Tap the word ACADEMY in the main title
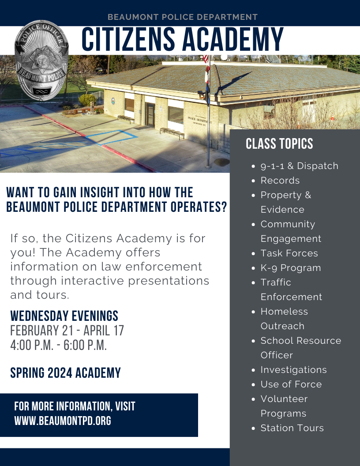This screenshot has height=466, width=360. click(x=233, y=40)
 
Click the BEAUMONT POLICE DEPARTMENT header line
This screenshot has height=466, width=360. click(x=182, y=17)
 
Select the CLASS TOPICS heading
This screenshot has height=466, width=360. click(x=279, y=144)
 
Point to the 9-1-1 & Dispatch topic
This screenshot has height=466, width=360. click(x=299, y=166)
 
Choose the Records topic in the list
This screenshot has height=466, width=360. click(x=280, y=180)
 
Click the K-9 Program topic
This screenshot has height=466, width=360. click(x=290, y=268)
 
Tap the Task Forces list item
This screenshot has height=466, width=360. click(x=289, y=253)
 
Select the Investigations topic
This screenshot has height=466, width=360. click(x=293, y=370)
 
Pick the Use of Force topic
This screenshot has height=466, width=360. click(x=291, y=384)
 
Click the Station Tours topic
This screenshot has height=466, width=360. click(x=292, y=428)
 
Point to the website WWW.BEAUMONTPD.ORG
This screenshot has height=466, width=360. click(x=63, y=421)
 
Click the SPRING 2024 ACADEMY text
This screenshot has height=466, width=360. click(x=65, y=373)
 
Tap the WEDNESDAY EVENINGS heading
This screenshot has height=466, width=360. click(x=64, y=316)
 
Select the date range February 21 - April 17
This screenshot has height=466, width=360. click(x=67, y=330)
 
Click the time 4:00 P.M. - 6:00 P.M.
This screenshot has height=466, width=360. click(x=59, y=345)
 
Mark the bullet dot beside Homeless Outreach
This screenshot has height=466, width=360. click(x=253, y=312)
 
